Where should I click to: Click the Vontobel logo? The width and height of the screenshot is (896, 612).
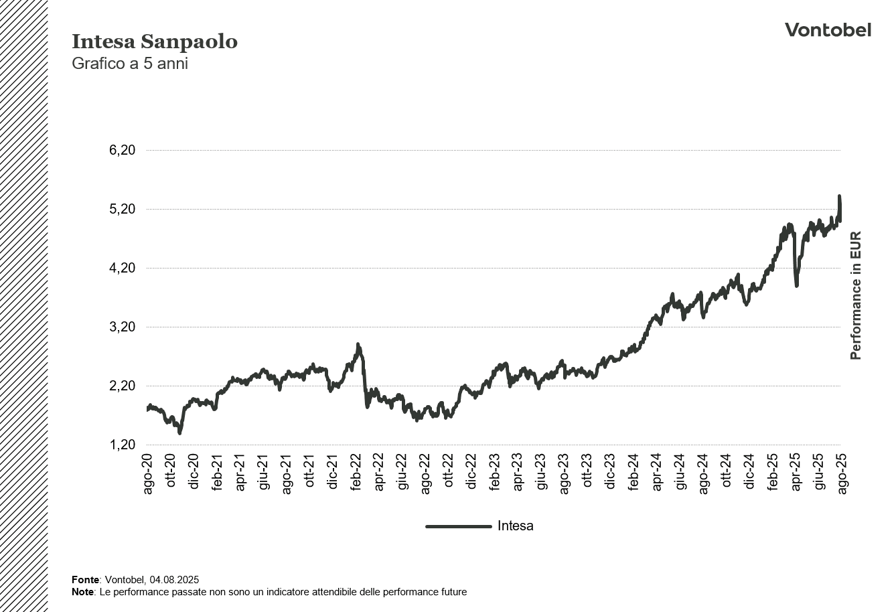[x=828, y=30]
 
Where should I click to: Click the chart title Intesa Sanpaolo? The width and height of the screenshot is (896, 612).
[x=154, y=42]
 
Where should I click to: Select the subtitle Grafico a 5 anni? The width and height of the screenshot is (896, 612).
[x=129, y=64]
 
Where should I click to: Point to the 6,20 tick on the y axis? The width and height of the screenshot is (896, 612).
[x=122, y=150]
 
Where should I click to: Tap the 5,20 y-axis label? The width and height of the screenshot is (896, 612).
[x=122, y=209]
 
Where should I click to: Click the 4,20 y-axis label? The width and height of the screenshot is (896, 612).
[x=122, y=268]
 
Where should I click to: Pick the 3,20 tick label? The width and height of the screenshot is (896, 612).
[x=122, y=327]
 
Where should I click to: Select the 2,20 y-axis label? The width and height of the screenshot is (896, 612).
[x=122, y=386]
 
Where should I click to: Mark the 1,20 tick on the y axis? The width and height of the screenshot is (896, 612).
[x=122, y=445]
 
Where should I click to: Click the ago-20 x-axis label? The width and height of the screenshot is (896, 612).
[x=148, y=474]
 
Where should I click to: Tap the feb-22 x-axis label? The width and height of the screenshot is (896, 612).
[x=356, y=474]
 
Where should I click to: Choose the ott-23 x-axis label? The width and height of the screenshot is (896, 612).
[x=587, y=474]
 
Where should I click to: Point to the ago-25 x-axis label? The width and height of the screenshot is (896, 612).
[x=841, y=474]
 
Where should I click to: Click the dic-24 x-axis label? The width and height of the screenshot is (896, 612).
[x=748, y=474]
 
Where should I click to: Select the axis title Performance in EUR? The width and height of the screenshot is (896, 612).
[x=855, y=295]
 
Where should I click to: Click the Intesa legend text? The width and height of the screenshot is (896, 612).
[x=515, y=526]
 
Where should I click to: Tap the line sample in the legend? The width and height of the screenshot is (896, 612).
[x=458, y=526]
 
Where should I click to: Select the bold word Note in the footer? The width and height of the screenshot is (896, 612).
[x=83, y=592]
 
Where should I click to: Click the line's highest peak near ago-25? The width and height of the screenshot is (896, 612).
[x=839, y=197]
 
